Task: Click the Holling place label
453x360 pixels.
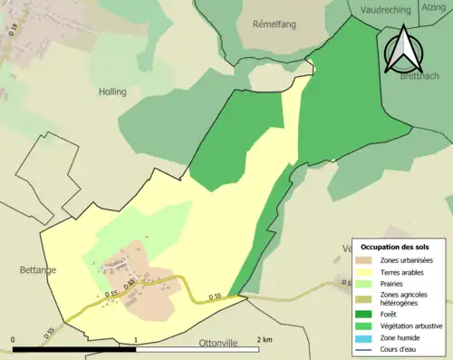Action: pos(112,92)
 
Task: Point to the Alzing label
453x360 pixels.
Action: pos(433,7)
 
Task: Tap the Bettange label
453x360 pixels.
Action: pos(38,270)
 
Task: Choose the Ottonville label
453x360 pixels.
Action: pos(224,344)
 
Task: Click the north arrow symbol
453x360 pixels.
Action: pos(401,49)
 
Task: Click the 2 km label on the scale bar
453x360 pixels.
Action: pos(264,340)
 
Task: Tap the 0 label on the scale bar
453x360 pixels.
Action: pos(14,340)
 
